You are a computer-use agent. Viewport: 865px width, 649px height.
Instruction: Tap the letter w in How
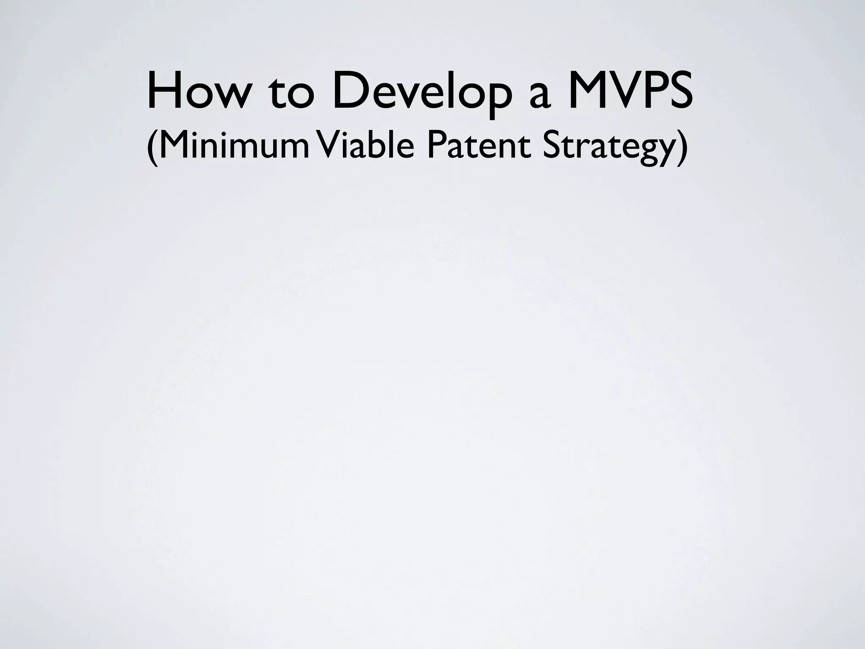coord(228,96)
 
